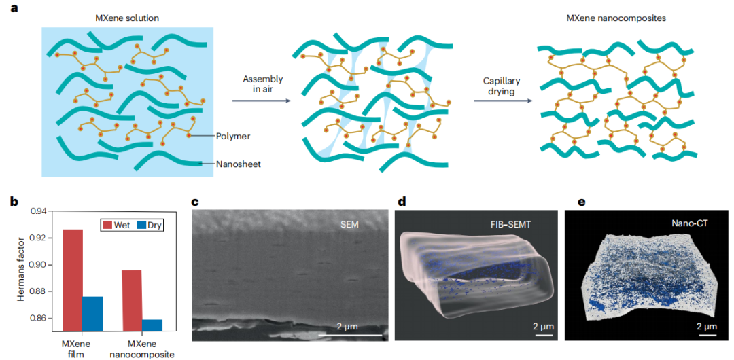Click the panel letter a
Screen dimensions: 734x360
(14, 8)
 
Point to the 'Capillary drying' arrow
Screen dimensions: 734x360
(502, 101)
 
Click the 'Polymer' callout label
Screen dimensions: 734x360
(233, 137)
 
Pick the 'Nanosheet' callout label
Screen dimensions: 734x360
(235, 164)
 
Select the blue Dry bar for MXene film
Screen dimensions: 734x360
(92, 314)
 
